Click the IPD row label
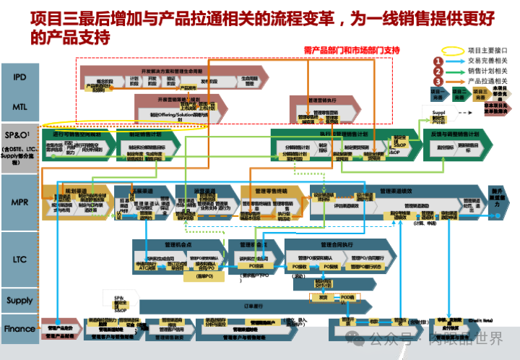click(19, 76)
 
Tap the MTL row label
click(19, 106)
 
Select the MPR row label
click(19, 202)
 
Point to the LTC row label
click(19, 258)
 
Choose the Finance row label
click(19, 328)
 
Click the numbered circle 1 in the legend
click(438, 61)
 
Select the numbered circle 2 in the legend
click(438, 72)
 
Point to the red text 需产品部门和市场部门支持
click(350, 50)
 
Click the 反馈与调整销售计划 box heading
click(455, 134)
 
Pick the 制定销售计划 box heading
click(144, 134)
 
